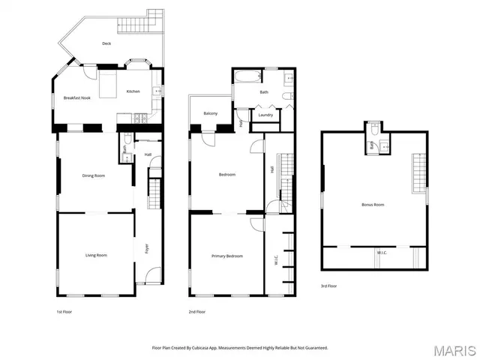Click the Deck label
[x=106, y=43]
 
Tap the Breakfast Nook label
[x=77, y=97]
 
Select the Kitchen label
[x=133, y=91]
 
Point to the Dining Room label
[x=93, y=175]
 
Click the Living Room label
[x=96, y=255]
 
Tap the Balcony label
[x=211, y=113]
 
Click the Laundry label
[x=265, y=115]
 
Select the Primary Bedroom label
[x=226, y=256]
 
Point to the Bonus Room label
[x=373, y=204]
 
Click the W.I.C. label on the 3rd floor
[x=381, y=253]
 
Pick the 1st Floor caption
[x=64, y=311]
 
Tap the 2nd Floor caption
[x=196, y=311]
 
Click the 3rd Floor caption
[x=328, y=286]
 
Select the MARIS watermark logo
[x=454, y=349]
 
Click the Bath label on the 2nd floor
[x=264, y=92]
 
